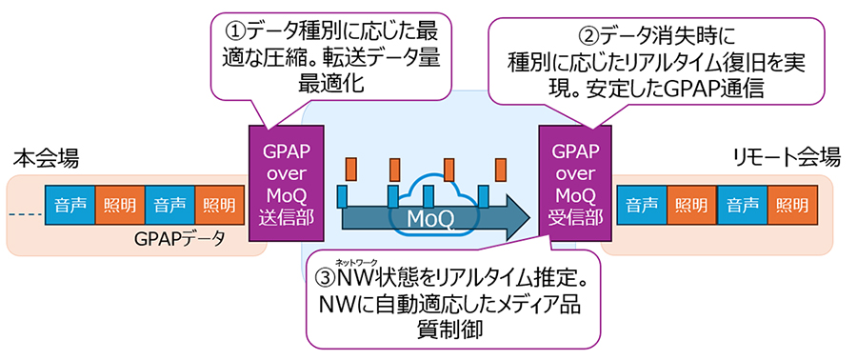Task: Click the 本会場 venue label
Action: point(47,157)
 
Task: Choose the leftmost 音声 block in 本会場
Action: point(70,203)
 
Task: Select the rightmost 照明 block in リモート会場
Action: point(792,203)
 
